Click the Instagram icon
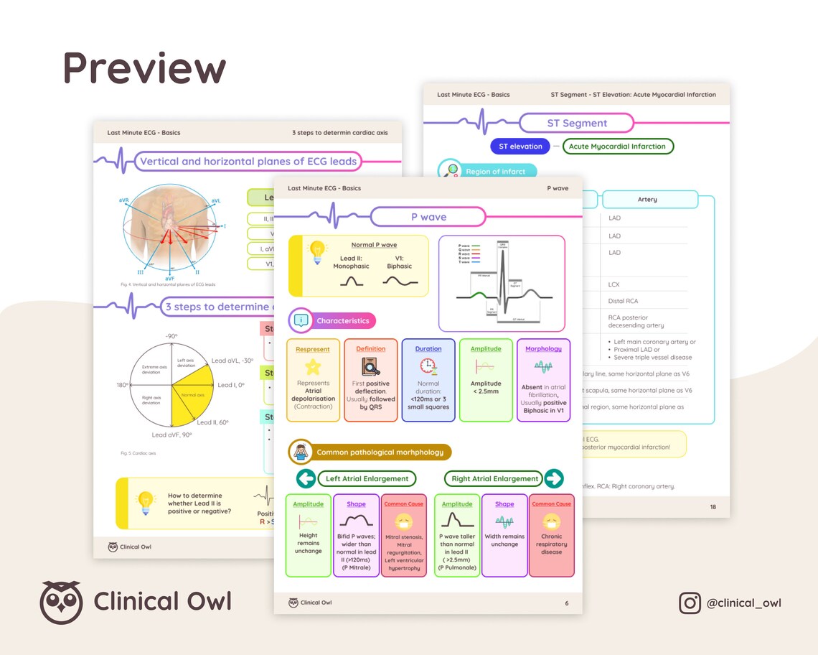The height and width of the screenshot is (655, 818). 690,603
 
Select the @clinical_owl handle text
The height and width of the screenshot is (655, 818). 743,603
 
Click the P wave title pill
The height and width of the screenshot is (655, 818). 428,217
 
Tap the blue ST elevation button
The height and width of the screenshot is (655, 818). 520,147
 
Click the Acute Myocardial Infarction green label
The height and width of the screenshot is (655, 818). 617,147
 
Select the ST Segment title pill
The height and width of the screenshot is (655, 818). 577,124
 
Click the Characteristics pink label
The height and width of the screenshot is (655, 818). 342,321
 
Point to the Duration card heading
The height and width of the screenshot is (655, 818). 428,349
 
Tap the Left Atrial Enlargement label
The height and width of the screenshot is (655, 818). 367,478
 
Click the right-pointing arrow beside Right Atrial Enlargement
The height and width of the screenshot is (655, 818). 554,478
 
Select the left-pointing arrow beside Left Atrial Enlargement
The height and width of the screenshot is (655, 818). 306,478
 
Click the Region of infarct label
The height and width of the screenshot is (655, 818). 495,172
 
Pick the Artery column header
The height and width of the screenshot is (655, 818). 647,200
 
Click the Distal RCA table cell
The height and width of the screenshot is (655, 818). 623,301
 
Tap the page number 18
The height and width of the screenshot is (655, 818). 713,507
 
